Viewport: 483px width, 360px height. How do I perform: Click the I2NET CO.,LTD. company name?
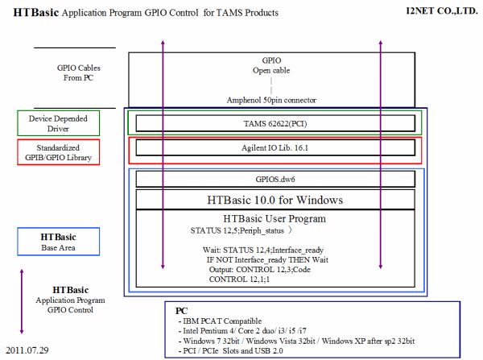(442, 10)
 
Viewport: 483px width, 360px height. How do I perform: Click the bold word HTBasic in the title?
(36, 12)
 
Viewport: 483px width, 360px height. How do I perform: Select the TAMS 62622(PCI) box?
(275, 123)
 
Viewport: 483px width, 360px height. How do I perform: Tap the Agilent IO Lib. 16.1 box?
(275, 147)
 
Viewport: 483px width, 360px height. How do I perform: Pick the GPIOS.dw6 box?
(275, 179)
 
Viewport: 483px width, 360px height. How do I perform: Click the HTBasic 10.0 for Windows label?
(275, 200)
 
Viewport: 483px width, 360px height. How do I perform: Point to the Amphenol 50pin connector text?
(271, 100)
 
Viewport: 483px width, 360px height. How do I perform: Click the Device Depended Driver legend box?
(58, 123)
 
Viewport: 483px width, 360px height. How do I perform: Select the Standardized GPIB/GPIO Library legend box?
(58, 152)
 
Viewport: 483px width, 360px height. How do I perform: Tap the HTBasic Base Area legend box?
(58, 242)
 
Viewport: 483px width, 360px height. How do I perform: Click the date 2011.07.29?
(27, 350)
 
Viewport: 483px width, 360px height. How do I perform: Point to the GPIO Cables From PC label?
(79, 72)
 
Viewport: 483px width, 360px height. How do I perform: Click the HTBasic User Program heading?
(275, 218)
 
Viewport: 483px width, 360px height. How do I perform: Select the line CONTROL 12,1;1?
(239, 279)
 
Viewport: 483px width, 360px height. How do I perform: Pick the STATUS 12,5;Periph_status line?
(237, 230)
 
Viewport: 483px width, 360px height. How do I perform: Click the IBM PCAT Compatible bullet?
(220, 321)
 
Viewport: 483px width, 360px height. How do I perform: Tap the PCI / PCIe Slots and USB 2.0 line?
(230, 351)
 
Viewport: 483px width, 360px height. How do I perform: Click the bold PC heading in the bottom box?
(181, 311)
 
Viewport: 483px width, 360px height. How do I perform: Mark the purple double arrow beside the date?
(22, 301)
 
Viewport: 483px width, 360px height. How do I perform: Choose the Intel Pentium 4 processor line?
(242, 331)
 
